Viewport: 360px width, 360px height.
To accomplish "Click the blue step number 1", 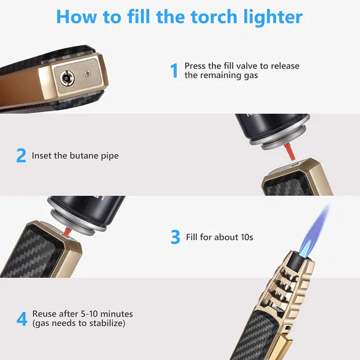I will pos(174,70).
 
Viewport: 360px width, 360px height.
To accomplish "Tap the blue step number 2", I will pos(21,156).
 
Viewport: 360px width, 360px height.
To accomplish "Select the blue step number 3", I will pos(175,237).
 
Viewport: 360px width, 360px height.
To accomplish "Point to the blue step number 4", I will pos(21,319).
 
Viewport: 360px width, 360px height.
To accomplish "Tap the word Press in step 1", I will pos(195,65).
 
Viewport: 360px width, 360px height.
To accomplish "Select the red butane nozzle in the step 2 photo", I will pos(287,151).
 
